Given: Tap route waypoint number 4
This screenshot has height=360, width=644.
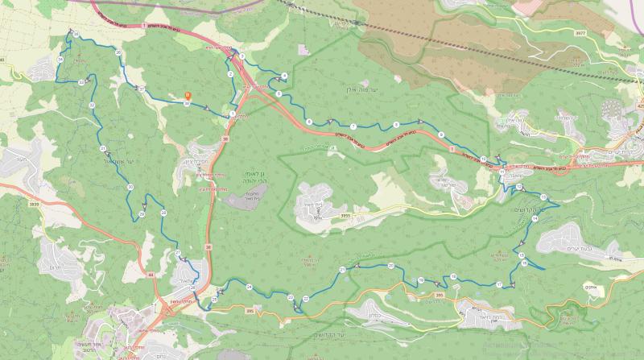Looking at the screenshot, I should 283,76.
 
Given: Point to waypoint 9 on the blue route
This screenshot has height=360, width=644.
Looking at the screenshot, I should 442,133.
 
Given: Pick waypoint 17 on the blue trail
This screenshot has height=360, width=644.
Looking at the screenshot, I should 500,284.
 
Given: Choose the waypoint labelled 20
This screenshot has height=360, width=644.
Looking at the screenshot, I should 391,265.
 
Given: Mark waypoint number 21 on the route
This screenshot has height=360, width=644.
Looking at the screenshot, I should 343,269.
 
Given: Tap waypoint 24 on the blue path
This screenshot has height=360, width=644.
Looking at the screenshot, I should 250,287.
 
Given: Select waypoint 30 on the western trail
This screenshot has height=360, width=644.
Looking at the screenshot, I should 130,187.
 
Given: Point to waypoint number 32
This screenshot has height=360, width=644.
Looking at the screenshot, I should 93,106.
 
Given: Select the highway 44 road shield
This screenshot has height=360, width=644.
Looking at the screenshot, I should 150,275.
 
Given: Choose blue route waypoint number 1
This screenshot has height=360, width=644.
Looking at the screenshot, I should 232,114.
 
